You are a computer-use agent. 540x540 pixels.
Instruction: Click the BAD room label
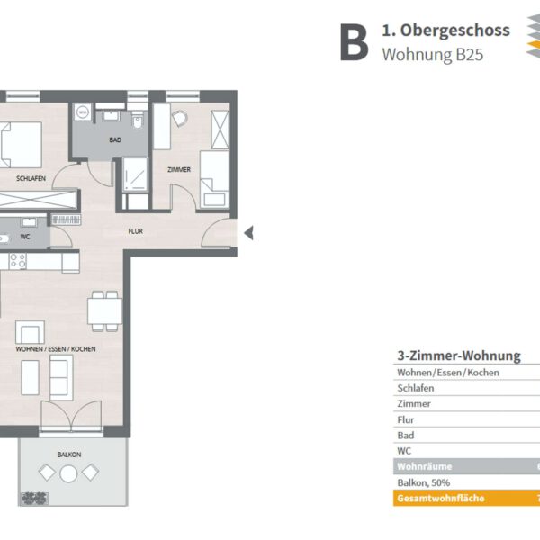[115, 139]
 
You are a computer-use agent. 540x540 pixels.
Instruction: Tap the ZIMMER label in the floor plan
[179, 169]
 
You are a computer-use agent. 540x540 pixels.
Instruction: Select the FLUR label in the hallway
[135, 231]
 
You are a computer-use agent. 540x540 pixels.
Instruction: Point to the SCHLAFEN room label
[31, 178]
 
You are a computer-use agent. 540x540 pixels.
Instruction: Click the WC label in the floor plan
[25, 237]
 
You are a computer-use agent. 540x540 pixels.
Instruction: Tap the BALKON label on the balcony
[69, 454]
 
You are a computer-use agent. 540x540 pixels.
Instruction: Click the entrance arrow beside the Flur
[249, 233]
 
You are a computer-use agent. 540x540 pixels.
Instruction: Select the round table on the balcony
[68, 473]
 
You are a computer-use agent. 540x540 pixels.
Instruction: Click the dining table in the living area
[104, 311]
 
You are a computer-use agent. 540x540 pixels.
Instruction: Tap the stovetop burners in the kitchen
[18, 261]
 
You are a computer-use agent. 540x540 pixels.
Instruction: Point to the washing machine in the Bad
[83, 112]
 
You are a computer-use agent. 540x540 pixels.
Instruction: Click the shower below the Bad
[135, 175]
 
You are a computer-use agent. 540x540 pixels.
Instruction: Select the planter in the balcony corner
[34, 499]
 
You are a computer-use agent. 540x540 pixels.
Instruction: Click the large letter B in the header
[354, 42]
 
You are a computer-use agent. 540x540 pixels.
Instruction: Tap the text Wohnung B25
[433, 54]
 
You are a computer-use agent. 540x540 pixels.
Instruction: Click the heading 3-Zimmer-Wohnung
[459, 355]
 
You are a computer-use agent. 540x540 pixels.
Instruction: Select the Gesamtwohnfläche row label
[441, 499]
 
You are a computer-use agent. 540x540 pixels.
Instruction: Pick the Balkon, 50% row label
[424, 482]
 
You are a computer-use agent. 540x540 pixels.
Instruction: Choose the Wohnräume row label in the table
[424, 466]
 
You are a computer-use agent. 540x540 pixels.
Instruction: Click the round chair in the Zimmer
[180, 119]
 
